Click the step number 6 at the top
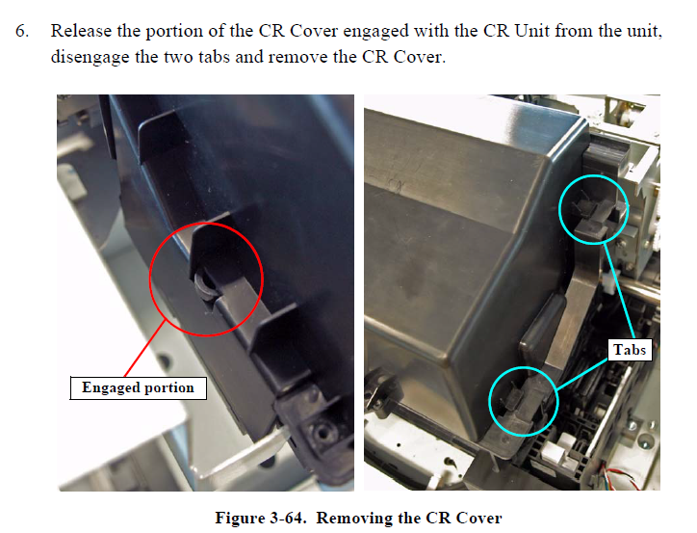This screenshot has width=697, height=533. pyautogui.click(x=22, y=31)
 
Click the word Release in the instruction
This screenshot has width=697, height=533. pyautogui.click(x=81, y=31)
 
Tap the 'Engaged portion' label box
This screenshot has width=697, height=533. pyautogui.click(x=139, y=388)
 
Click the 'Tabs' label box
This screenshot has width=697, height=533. pyautogui.click(x=630, y=350)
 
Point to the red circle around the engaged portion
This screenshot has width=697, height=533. pyautogui.click(x=150, y=280)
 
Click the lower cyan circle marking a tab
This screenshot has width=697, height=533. pyautogui.click(x=489, y=401)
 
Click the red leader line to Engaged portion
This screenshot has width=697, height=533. pyautogui.click(x=145, y=348)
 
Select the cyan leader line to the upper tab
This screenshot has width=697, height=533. pyautogui.click(x=620, y=292)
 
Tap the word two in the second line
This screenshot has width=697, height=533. pyautogui.click(x=180, y=58)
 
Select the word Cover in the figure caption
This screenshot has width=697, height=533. pyautogui.click(x=478, y=519)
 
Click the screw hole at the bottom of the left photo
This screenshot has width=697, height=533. pyautogui.click(x=320, y=430)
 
